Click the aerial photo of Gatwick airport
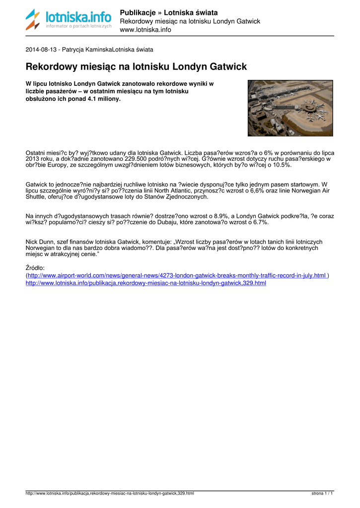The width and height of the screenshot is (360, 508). tap(290, 108)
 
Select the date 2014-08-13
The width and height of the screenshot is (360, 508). tap(41, 50)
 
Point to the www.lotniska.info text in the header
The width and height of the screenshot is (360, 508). tap(145, 30)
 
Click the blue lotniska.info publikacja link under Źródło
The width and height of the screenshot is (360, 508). tap(145, 283)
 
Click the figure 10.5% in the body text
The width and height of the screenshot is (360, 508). tap(281, 165)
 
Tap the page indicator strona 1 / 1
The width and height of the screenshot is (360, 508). tap(322, 494)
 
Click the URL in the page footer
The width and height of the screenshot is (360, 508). tap(110, 494)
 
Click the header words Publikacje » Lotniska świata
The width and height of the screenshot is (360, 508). tap(169, 12)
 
